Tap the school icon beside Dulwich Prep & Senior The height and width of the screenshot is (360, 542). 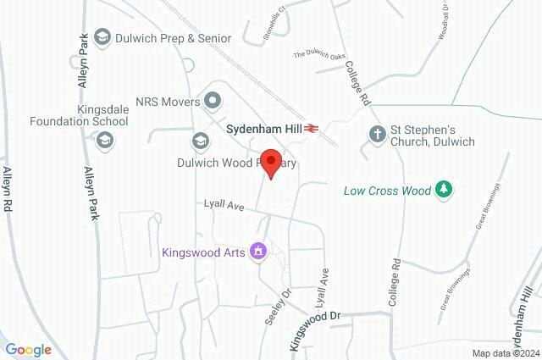(x=102, y=37)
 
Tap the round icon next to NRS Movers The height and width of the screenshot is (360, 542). (x=213, y=102)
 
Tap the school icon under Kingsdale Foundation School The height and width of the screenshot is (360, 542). (x=105, y=140)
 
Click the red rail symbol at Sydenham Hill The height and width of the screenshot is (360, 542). (x=312, y=129)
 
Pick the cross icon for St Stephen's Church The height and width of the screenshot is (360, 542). (x=376, y=134)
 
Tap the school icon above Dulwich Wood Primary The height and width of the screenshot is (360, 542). (x=201, y=140)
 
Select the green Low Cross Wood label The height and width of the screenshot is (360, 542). (x=387, y=191)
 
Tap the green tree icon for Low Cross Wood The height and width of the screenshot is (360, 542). (x=442, y=190)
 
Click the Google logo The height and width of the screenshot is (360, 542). (x=28, y=350)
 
